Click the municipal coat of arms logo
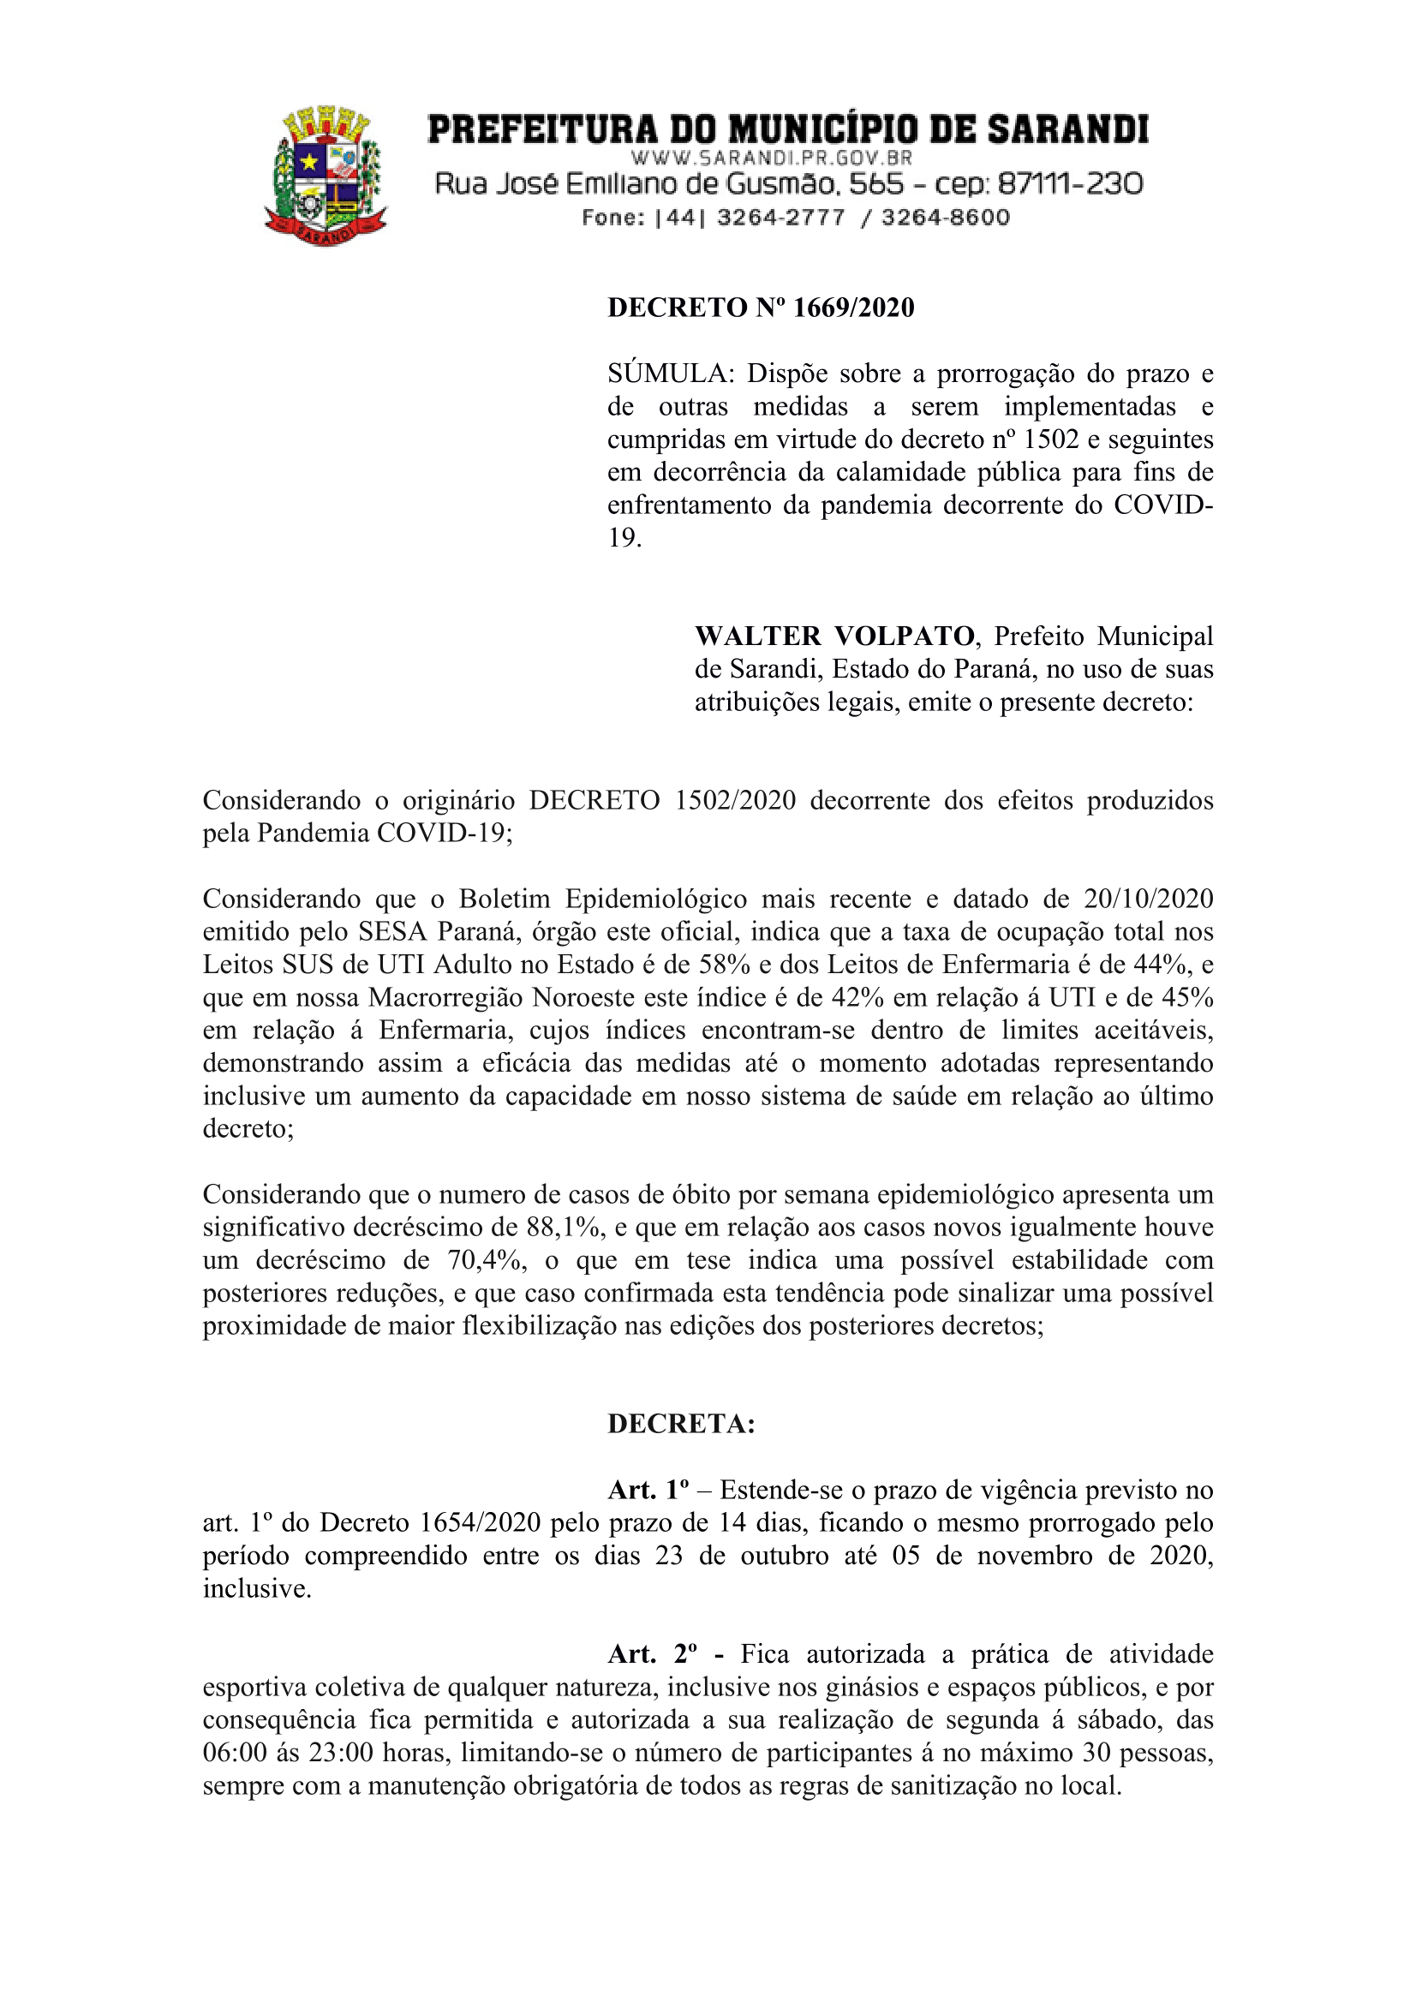326,176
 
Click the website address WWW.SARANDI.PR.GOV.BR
771,158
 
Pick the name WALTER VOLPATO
834,636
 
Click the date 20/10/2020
1149,899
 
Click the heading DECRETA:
681,1424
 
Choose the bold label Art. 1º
648,1491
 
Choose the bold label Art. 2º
652,1654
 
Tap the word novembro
1035,1556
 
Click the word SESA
392,932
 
